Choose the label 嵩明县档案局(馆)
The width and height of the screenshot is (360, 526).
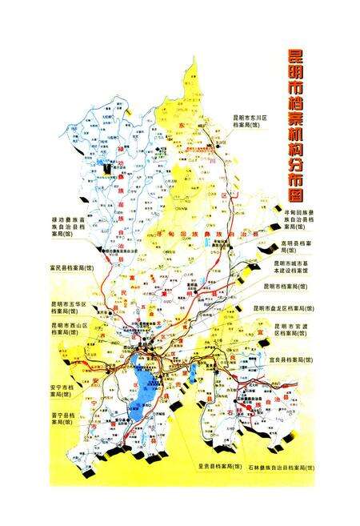[x=298, y=243]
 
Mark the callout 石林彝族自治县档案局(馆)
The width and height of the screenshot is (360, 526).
[x=280, y=465]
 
